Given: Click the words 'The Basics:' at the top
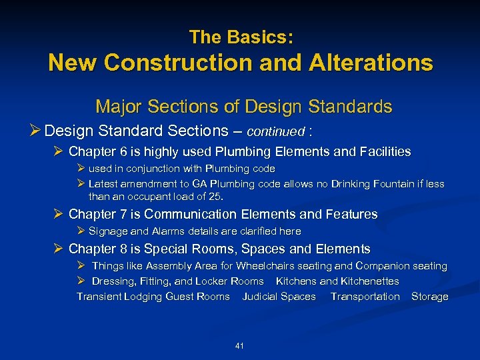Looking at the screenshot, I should (x=241, y=37).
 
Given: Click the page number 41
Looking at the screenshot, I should (x=240, y=345).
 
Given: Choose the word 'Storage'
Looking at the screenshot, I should (x=429, y=297).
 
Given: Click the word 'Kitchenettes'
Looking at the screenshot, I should (x=370, y=281).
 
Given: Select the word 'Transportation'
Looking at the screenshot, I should (x=365, y=297).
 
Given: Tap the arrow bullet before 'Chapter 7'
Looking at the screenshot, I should (x=59, y=215).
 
